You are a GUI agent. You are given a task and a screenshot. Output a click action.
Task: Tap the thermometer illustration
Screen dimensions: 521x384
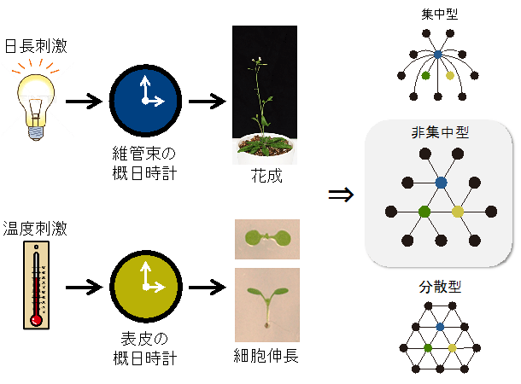click(x=36, y=285)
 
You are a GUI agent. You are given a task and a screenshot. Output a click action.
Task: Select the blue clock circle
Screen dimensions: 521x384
click(x=145, y=101)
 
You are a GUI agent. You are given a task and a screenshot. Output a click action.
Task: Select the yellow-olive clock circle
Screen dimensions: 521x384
click(x=146, y=287)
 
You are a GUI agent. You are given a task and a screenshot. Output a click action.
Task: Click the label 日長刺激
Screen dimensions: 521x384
click(x=36, y=46)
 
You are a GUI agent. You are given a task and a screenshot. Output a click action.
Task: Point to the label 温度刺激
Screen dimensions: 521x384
click(x=35, y=229)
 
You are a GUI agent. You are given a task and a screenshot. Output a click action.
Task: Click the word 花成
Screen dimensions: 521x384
click(x=266, y=176)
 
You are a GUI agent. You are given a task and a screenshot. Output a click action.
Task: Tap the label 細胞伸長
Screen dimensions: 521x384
click(x=266, y=356)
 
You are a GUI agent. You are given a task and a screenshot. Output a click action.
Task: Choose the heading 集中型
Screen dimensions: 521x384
click(x=440, y=14)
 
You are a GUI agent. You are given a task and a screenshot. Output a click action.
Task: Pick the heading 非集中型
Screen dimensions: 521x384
click(x=440, y=132)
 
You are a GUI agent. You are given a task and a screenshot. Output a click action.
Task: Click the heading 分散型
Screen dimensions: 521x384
click(x=440, y=287)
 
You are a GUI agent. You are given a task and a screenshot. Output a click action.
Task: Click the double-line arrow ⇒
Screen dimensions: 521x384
click(x=341, y=195)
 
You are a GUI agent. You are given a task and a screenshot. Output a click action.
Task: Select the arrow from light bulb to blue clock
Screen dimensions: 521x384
click(x=84, y=101)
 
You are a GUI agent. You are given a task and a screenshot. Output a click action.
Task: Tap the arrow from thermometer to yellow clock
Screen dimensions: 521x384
click(x=84, y=287)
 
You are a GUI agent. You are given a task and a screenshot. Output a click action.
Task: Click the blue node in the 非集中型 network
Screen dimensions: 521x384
click(x=441, y=183)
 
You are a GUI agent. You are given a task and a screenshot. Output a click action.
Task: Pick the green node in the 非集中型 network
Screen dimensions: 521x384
click(x=424, y=212)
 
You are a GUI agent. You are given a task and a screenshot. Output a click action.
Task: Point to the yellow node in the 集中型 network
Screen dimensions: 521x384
click(x=450, y=76)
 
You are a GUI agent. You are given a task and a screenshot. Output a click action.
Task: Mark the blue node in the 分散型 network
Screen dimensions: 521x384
click(x=440, y=327)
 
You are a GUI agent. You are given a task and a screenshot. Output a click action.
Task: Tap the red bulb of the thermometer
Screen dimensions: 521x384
click(x=36, y=320)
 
